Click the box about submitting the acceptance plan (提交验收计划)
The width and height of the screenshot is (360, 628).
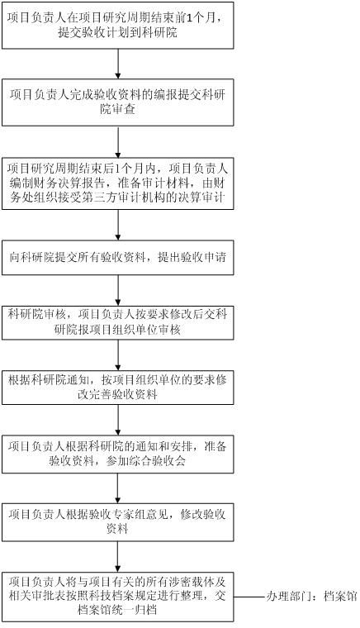tap(117, 26)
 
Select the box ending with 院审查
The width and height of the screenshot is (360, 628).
tap(117, 102)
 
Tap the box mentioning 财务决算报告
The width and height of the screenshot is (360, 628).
tap(117, 183)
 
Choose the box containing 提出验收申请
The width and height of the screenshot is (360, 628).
tap(117, 258)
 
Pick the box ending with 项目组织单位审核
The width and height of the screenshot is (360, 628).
tap(117, 323)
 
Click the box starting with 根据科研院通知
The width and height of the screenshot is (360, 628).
tap(117, 388)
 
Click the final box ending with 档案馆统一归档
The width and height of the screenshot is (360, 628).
tap(117, 597)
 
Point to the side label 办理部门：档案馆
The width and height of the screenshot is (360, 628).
tap(311, 597)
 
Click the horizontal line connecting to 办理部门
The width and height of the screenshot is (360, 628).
tap(250, 597)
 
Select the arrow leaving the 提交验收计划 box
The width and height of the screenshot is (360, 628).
tap(117, 64)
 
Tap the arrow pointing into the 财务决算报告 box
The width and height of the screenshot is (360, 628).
tap(117, 141)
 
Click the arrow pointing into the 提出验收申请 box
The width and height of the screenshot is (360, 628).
tap(117, 225)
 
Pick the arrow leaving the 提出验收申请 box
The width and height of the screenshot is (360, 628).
tap(117, 290)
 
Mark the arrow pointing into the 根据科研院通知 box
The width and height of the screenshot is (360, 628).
tap(117, 355)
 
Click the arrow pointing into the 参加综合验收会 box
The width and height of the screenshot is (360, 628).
tap(117, 420)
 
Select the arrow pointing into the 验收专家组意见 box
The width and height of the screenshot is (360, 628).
tap(117, 488)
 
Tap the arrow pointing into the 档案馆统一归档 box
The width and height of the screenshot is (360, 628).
tap(117, 557)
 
